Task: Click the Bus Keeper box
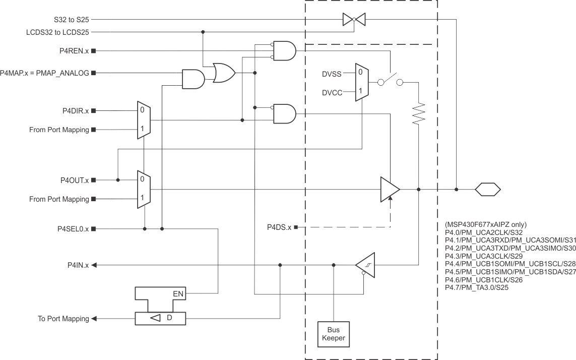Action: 334,334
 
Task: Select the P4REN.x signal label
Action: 74,51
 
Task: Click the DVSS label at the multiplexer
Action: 332,74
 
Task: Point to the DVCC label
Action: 332,93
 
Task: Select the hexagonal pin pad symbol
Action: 488,190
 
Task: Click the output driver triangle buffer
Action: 390,190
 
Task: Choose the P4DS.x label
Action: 279,227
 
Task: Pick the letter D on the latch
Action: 169,318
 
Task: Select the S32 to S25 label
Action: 72,20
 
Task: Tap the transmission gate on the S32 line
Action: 354,20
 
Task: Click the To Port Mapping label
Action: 63,319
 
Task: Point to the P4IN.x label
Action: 78,265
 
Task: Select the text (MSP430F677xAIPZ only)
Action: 486,224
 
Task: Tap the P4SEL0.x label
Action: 73,228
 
